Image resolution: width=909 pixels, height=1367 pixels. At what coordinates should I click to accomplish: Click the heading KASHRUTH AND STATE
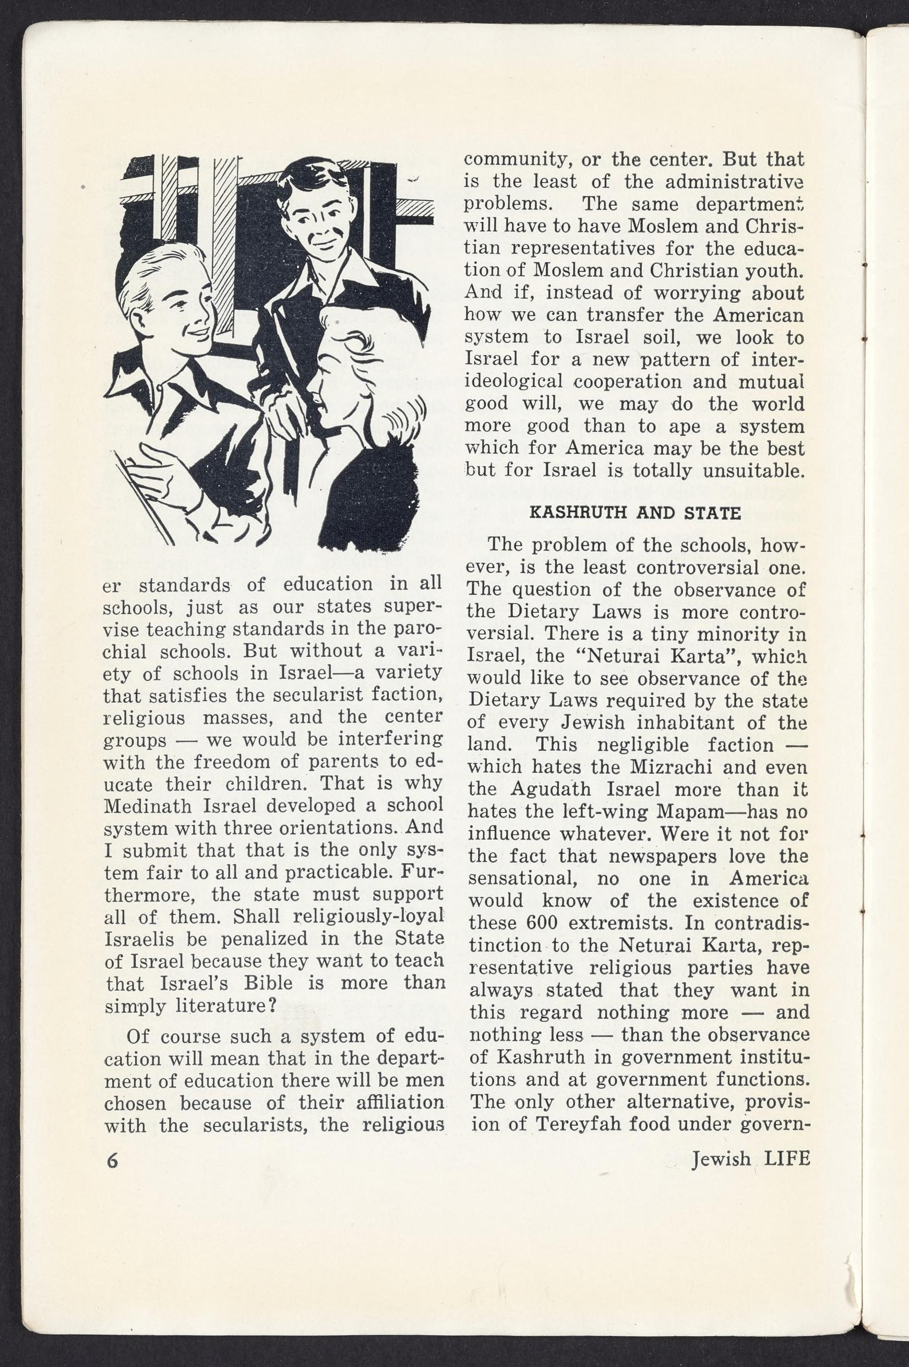[x=636, y=513]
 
